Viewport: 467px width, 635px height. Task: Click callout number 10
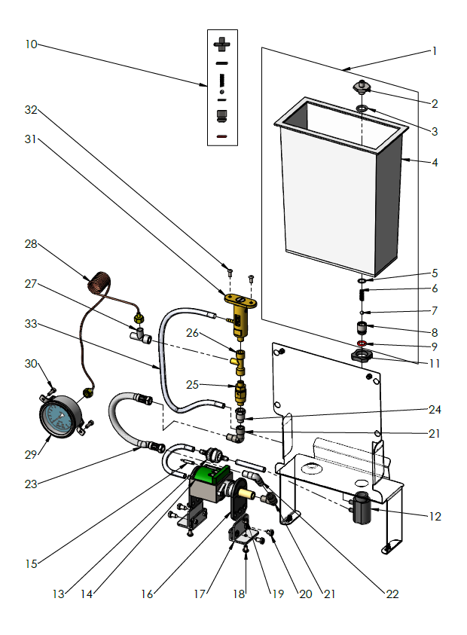pos(30,44)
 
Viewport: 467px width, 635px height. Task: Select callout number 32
pos(30,110)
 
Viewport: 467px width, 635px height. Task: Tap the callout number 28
pos(30,244)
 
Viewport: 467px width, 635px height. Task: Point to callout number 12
pos(435,517)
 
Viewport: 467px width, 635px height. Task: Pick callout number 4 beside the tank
pos(435,162)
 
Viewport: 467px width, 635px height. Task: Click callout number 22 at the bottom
pos(392,594)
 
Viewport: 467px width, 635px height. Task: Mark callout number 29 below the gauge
pos(30,456)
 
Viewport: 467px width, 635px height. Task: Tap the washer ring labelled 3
pos(362,110)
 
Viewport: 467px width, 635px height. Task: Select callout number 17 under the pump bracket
pos(200,594)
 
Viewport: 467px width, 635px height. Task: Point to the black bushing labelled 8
pos(362,328)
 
